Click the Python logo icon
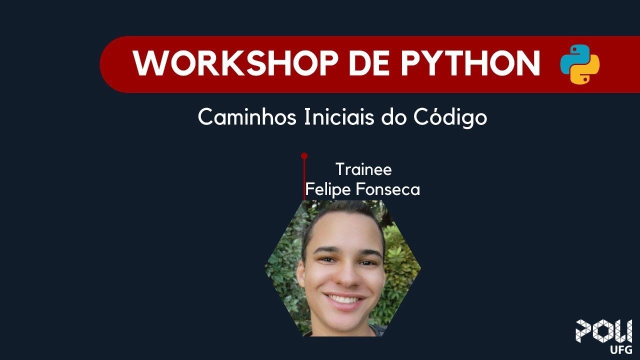[579, 64]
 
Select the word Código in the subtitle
[451, 118]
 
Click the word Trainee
[363, 169]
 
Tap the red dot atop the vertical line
[304, 156]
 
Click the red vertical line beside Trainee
[304, 180]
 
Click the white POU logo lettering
[603, 330]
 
